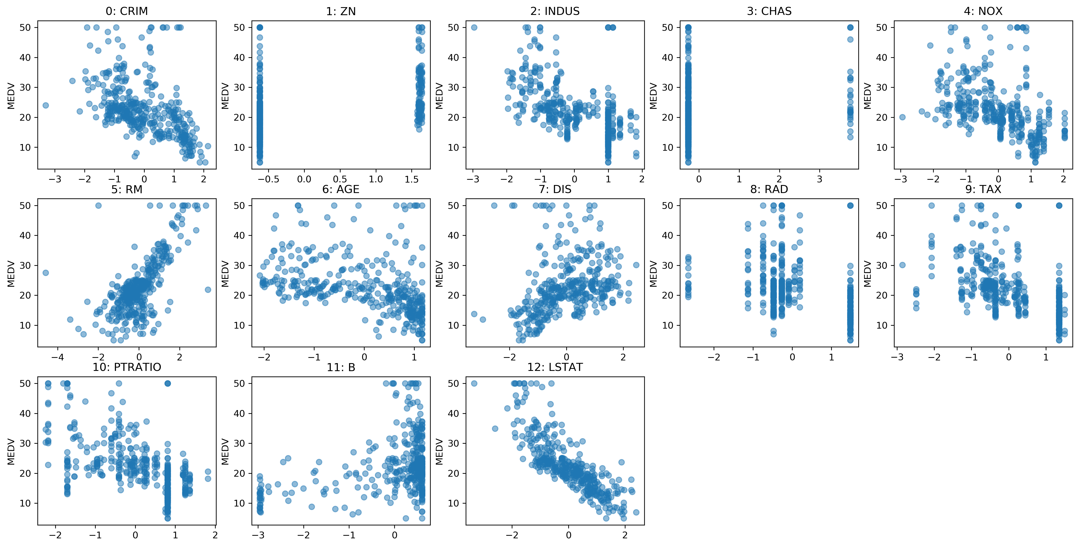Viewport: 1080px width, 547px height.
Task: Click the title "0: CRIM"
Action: pyautogui.click(x=127, y=11)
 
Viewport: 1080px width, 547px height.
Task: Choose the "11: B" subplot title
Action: pyautogui.click(x=341, y=368)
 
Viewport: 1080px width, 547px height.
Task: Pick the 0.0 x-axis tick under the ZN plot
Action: pyautogui.click(x=304, y=179)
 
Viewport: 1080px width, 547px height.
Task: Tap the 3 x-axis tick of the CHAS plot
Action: pyautogui.click(x=819, y=179)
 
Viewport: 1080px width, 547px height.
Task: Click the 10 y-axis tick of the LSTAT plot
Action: pyautogui.click(x=453, y=503)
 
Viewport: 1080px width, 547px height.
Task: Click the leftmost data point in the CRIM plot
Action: pyautogui.click(x=46, y=105)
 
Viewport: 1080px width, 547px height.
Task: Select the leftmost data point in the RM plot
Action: pyautogui.click(x=46, y=273)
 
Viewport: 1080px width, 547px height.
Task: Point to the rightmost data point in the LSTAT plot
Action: pyautogui.click(x=636, y=512)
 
